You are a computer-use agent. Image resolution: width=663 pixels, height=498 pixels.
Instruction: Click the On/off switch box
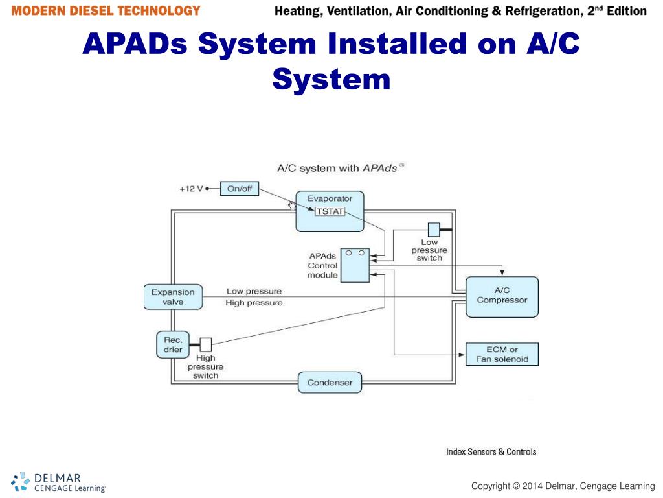pyautogui.click(x=240, y=189)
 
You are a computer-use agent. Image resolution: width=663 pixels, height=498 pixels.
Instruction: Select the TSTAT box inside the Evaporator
pyautogui.click(x=330, y=211)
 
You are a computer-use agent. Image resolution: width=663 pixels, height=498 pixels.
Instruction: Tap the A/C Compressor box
pyautogui.click(x=502, y=296)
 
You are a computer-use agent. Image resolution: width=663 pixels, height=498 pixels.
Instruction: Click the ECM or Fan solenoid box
pyautogui.click(x=502, y=354)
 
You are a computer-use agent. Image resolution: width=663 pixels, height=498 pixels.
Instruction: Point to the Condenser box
pyautogui.click(x=330, y=383)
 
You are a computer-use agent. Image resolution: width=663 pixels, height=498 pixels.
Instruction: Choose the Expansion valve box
pyautogui.click(x=173, y=297)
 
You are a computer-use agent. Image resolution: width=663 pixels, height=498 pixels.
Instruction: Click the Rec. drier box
pyautogui.click(x=172, y=345)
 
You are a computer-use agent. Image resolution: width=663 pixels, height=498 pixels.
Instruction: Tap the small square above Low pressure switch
pyautogui.click(x=433, y=229)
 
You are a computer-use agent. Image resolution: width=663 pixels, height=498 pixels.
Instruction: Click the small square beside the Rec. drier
pyautogui.click(x=206, y=344)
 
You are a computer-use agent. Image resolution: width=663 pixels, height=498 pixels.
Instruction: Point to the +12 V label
pyautogui.click(x=191, y=189)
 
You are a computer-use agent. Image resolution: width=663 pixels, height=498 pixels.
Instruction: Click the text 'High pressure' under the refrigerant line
pyautogui.click(x=254, y=303)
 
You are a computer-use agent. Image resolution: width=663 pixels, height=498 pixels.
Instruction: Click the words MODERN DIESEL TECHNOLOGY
pyautogui.click(x=106, y=11)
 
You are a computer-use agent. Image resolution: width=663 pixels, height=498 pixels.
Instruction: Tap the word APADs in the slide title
pyautogui.click(x=135, y=44)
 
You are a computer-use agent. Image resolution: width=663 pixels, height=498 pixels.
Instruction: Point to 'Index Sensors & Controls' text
pyautogui.click(x=491, y=451)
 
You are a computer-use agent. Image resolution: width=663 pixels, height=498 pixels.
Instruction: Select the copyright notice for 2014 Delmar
pyautogui.click(x=563, y=486)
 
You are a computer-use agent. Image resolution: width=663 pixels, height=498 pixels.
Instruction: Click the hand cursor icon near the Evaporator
pyautogui.click(x=292, y=205)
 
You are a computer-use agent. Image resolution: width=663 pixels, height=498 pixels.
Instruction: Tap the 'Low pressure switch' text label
pyautogui.click(x=429, y=250)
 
